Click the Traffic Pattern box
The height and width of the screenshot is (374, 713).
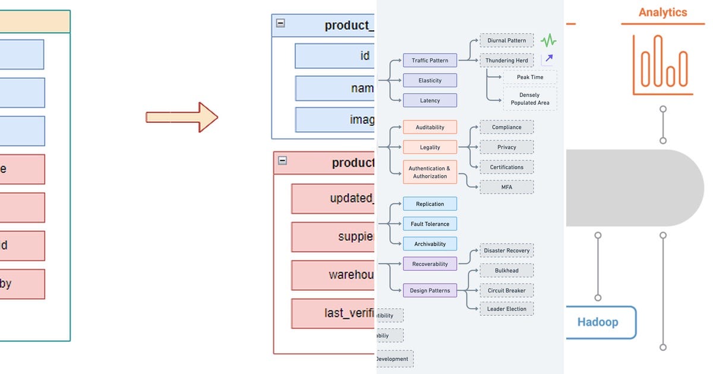point(430,61)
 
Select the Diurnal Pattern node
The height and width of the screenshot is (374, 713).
point(506,41)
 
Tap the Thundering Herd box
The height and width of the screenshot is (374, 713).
point(506,61)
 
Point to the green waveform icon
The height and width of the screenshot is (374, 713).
point(548,41)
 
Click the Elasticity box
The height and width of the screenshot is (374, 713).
point(430,80)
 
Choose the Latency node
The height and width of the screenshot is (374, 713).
point(430,100)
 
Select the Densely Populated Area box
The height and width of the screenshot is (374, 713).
point(529,99)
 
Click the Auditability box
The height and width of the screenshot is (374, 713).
point(430,127)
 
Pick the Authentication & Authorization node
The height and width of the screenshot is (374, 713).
point(430,172)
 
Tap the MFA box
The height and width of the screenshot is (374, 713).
point(506,187)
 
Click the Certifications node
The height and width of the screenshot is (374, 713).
point(506,167)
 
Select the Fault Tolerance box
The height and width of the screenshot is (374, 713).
point(430,224)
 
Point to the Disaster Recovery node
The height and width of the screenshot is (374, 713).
point(506,251)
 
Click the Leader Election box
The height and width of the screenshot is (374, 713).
point(506,309)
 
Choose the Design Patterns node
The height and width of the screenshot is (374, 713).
point(430,291)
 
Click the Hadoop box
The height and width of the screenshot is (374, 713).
point(598,322)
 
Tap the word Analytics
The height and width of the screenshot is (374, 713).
point(662,12)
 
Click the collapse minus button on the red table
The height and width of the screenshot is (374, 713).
point(282,160)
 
